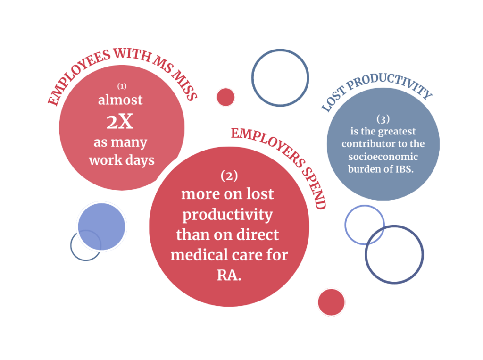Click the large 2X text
120,121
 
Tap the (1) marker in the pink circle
122,86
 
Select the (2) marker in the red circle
229,176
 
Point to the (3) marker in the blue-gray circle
383,119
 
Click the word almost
120,100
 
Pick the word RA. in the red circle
229,275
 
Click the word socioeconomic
383,156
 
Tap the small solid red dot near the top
225,97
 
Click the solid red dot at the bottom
331,302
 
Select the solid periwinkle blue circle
101,226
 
